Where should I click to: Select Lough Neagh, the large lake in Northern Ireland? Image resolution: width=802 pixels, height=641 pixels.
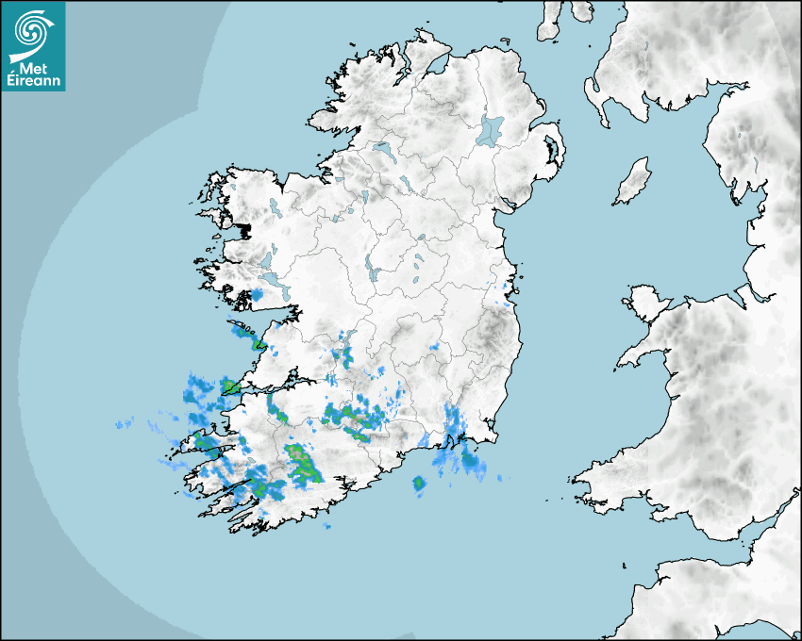[x=491, y=129]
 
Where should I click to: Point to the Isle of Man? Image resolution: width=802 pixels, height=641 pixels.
[x=633, y=182]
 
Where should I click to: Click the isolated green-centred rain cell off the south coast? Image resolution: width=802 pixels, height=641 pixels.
[x=419, y=485]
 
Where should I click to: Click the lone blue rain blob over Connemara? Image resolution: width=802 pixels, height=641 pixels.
[x=256, y=296]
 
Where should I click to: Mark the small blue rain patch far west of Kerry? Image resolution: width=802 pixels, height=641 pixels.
[x=124, y=425]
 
